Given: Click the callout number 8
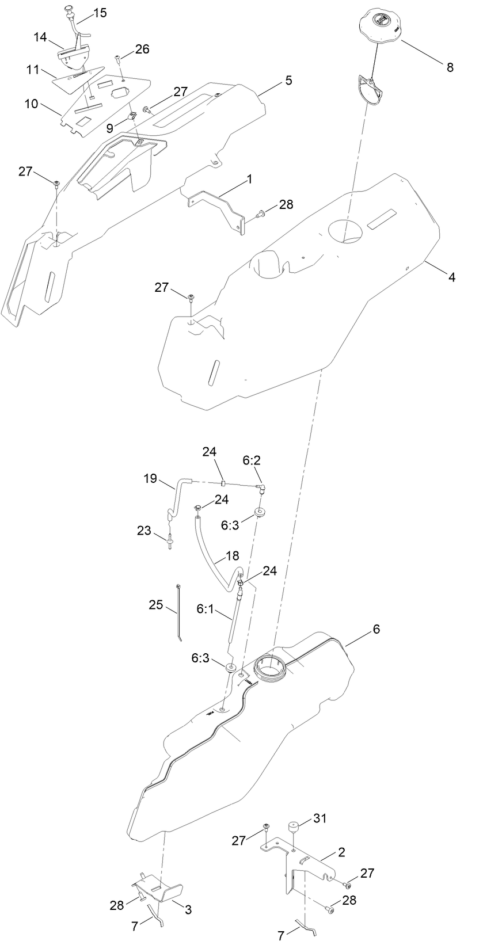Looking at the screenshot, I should click(x=450, y=67).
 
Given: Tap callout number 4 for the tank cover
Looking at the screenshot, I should click(x=452, y=277).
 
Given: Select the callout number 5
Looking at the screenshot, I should click(x=287, y=80).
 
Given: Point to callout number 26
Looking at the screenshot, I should click(x=142, y=49).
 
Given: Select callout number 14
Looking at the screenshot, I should click(x=40, y=37).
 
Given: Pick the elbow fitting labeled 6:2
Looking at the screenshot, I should click(x=260, y=489).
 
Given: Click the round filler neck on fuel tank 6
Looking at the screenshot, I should click(x=269, y=668).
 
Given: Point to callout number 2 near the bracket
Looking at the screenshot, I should click(x=341, y=852).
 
